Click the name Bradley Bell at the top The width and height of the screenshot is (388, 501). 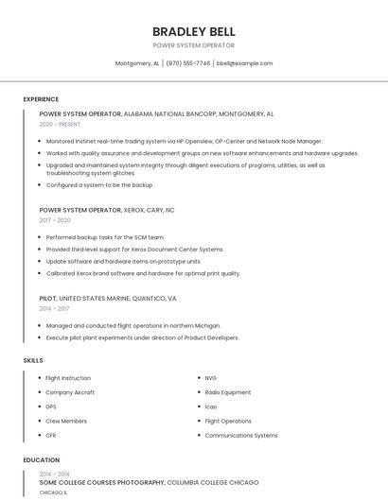(x=193, y=31)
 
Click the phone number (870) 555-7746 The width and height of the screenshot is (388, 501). (x=189, y=63)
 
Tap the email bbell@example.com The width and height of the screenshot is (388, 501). (x=244, y=63)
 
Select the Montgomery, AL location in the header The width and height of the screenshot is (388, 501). (x=137, y=63)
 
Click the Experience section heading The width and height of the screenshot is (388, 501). (x=41, y=99)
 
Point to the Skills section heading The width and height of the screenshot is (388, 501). (x=33, y=360)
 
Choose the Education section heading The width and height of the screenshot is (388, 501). (x=42, y=460)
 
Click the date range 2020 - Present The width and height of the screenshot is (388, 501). (x=60, y=124)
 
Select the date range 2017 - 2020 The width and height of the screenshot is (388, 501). (x=55, y=220)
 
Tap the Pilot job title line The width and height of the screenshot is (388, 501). (x=108, y=298)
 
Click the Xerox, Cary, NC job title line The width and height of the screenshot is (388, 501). (x=107, y=210)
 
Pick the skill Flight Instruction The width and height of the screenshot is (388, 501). (x=68, y=378)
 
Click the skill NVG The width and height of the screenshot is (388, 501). (x=210, y=378)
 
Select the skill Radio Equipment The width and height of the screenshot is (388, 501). (x=227, y=392)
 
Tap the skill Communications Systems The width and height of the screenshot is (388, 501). (x=241, y=435)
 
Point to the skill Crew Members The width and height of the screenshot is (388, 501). (x=66, y=421)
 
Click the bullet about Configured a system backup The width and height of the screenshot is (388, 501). (x=99, y=185)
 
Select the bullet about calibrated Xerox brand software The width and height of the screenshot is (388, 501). (x=143, y=273)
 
